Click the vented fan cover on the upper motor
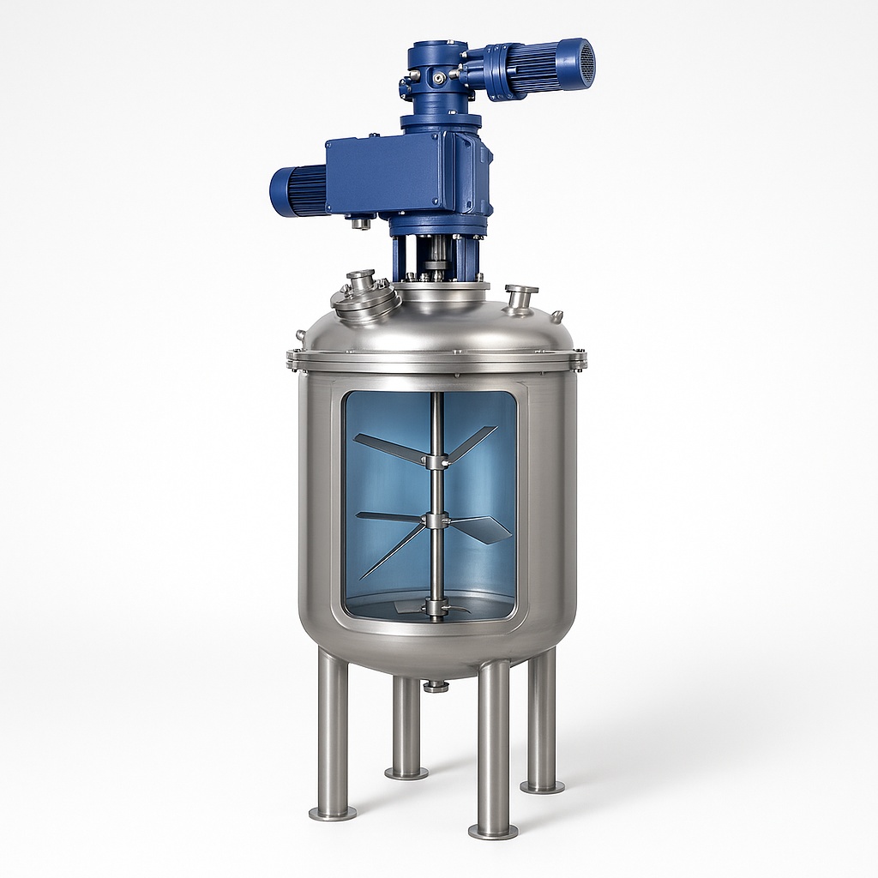tap(586, 64)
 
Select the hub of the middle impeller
tap(437, 520)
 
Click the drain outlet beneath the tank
tap(436, 685)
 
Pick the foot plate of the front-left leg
tap(333, 812)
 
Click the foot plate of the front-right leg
tap(493, 831)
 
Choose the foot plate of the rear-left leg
tap(406, 773)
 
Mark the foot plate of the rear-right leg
tap(542, 786)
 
